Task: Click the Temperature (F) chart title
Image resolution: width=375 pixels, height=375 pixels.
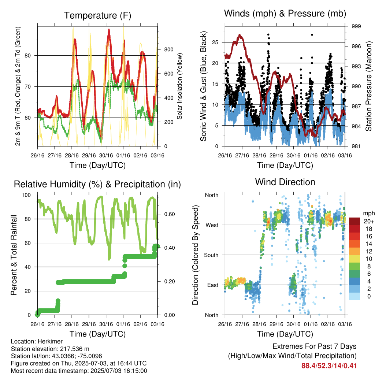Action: [x=97, y=15]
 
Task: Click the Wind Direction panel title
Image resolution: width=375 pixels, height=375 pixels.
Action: [x=285, y=182]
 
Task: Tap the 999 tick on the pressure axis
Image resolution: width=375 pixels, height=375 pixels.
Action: [x=356, y=26]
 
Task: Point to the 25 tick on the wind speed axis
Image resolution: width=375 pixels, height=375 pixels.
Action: [x=215, y=42]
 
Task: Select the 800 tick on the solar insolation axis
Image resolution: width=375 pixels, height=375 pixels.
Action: [x=168, y=49]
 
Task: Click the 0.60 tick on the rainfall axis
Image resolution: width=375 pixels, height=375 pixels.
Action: [x=170, y=214]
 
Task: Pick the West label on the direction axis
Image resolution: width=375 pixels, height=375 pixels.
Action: [x=212, y=225]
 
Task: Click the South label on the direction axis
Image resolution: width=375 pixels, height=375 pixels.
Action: [x=211, y=255]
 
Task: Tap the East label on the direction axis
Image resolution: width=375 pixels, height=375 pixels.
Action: [x=213, y=285]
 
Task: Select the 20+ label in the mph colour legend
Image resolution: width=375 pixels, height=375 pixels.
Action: [x=369, y=222]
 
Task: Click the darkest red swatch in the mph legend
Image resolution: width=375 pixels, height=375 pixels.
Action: [x=354, y=221]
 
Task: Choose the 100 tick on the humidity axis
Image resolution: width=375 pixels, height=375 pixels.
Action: [x=26, y=195]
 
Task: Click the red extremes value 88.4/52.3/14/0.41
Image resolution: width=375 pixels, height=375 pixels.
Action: [x=329, y=366]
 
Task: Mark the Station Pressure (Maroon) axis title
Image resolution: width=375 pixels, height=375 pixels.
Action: [x=368, y=86]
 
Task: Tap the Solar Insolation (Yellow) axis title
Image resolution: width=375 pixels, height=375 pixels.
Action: [x=179, y=86]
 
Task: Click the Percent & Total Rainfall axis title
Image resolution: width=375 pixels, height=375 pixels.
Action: [x=14, y=255]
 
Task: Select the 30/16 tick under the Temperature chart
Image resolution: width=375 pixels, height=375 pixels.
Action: [x=106, y=155]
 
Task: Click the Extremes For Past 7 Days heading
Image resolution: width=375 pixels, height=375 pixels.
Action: [x=315, y=346]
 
